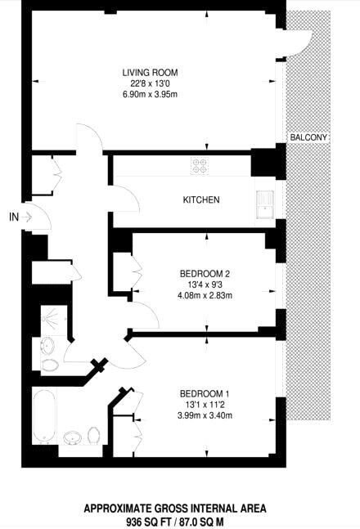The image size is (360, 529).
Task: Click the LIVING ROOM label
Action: point(150,73)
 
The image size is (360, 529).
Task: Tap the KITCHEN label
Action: point(201,199)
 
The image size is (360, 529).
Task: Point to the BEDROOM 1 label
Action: point(205,394)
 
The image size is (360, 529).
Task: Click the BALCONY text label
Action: point(308,137)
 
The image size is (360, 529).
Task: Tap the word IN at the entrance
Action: point(14,217)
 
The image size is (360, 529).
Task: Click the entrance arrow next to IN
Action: point(27,217)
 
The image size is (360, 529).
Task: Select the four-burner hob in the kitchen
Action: point(200,166)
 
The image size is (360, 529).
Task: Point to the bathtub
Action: point(44,417)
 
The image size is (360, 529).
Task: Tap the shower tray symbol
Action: point(54,319)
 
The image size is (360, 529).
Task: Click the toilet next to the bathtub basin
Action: point(93,435)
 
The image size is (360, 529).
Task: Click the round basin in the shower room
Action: point(47,346)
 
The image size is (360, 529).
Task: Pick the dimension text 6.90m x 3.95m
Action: point(150,94)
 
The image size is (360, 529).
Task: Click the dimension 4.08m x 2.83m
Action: point(205,295)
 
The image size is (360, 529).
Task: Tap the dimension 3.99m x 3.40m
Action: point(205,415)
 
